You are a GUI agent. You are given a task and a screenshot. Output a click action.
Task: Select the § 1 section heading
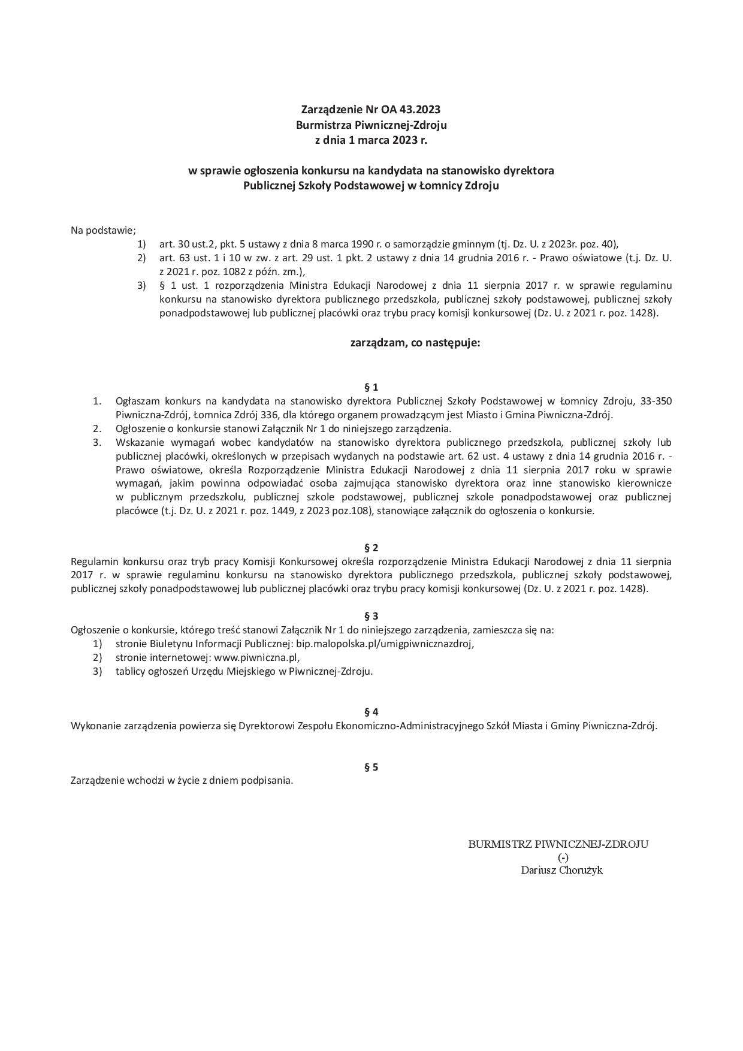[x=371, y=387]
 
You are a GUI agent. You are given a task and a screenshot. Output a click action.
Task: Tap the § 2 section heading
[x=371, y=548]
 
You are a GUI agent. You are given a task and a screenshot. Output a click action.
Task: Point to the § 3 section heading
[x=371, y=616]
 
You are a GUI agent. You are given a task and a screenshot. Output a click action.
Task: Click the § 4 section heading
[x=371, y=712]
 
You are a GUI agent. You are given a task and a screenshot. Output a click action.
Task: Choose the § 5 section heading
[x=371, y=767]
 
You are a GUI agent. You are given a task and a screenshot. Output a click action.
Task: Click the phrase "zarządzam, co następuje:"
[x=415, y=343]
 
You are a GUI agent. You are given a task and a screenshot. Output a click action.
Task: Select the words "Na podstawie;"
[x=104, y=230]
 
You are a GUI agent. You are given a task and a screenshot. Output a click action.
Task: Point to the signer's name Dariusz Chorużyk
[x=561, y=870]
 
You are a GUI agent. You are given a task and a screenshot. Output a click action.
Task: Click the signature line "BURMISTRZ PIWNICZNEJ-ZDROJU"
[x=558, y=844]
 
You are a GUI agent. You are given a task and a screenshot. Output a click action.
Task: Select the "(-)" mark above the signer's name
[x=563, y=857]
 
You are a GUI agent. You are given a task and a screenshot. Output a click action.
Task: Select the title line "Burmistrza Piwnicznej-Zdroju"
[x=371, y=125]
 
